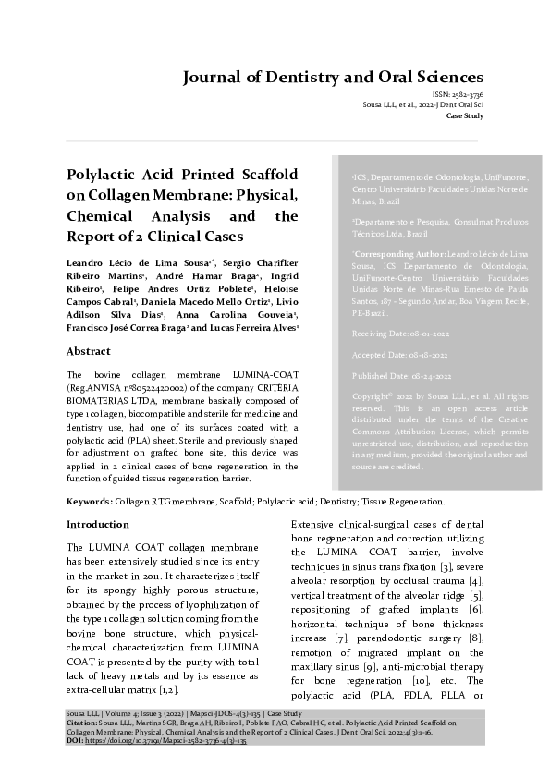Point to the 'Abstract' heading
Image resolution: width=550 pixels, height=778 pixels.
(91, 352)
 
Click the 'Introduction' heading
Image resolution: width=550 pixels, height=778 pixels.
(98, 524)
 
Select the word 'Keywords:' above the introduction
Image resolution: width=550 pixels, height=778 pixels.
(90, 502)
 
